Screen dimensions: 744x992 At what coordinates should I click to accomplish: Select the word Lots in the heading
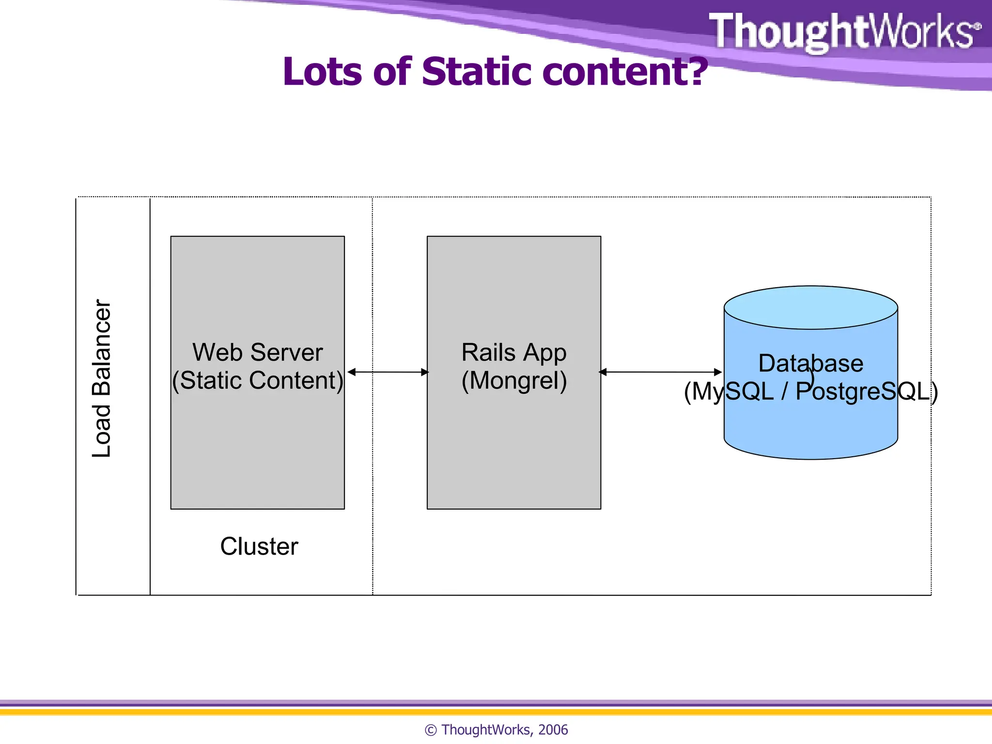pyautogui.click(x=322, y=72)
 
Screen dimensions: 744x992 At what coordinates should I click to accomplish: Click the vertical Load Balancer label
pyautogui.click(x=102, y=378)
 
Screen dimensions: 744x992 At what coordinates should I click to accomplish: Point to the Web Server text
pyautogui.click(x=257, y=352)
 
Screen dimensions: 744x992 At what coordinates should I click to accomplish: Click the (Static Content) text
pyautogui.click(x=257, y=380)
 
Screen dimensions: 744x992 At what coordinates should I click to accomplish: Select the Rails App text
pyautogui.click(x=513, y=352)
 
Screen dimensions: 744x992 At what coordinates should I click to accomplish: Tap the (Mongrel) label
pyautogui.click(x=513, y=380)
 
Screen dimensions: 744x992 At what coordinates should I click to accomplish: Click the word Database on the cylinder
pyautogui.click(x=810, y=363)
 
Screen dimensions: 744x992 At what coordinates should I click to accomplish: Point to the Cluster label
pyautogui.click(x=259, y=546)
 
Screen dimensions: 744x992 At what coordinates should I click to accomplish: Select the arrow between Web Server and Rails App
pyautogui.click(x=387, y=372)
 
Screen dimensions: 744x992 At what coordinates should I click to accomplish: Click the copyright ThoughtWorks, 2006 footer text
pyautogui.click(x=496, y=729)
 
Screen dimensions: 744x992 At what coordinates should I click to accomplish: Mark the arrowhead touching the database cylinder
pyautogui.click(x=718, y=372)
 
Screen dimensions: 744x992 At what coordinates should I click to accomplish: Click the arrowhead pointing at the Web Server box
pyautogui.click(x=352, y=372)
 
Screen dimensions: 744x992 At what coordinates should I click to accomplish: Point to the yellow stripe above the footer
pyautogui.click(x=496, y=712)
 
